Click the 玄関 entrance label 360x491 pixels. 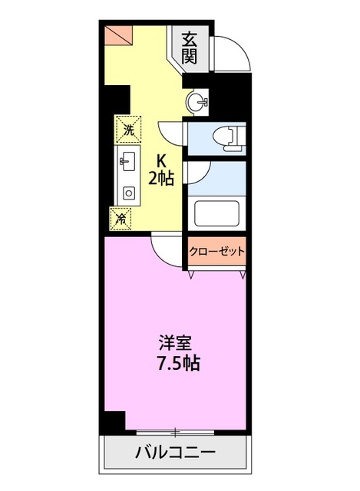tap(190, 48)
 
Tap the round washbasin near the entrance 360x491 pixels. tap(197, 102)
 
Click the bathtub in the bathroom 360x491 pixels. tap(216, 213)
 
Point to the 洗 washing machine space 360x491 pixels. tap(128, 130)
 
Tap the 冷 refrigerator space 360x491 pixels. tap(121, 219)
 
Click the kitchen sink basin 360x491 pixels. tap(128, 161)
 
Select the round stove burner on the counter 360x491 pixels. tap(128, 193)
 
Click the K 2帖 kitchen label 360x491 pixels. tap(161, 170)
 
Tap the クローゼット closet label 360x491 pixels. tap(216, 251)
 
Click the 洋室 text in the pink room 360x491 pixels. tap(175, 343)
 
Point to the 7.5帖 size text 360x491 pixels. tap(178, 363)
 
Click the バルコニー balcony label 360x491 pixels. tap(176, 452)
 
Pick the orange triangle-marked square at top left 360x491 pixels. tap(119, 35)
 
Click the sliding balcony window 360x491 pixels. tap(176, 433)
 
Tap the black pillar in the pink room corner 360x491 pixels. tap(114, 421)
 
